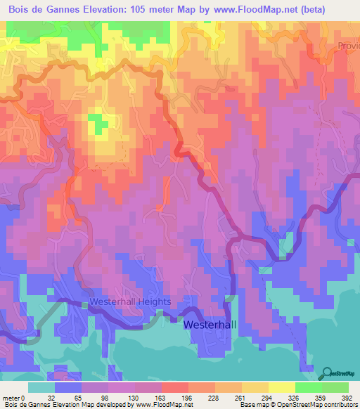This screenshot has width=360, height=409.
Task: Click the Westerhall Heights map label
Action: point(130,301)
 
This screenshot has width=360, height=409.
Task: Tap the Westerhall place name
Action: point(212,325)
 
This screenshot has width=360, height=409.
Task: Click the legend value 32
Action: point(53,397)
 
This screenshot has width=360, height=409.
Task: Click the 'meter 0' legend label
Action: point(14,397)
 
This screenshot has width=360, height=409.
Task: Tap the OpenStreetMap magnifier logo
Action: point(328,374)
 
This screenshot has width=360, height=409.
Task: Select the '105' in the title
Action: point(144,8)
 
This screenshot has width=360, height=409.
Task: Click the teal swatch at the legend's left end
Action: point(41,387)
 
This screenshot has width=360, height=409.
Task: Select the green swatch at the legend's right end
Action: point(335,387)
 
